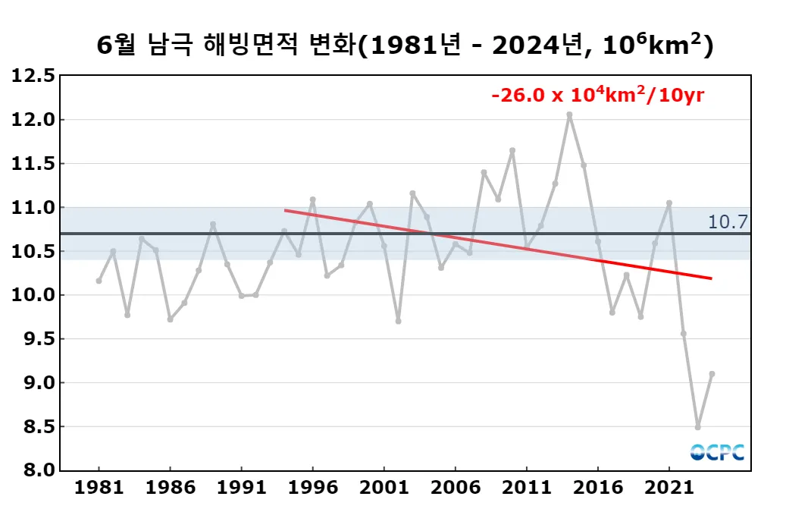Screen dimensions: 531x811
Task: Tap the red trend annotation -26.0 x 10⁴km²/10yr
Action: [x=598, y=96]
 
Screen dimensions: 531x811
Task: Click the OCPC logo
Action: [x=717, y=452]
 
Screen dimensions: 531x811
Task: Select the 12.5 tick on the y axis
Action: [x=34, y=76]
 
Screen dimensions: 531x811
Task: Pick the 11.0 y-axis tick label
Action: [x=34, y=207]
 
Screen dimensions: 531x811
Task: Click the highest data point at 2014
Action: [x=569, y=115]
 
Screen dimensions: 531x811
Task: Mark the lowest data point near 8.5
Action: [x=697, y=427]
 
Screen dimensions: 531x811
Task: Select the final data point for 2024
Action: [x=712, y=374]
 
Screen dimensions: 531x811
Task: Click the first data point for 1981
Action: [x=99, y=281]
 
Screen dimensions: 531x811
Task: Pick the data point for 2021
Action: [x=669, y=203]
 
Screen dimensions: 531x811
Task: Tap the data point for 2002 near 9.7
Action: [x=398, y=321]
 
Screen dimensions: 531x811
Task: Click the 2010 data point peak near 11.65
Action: [x=512, y=150]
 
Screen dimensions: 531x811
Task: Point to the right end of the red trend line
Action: [x=711, y=278]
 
